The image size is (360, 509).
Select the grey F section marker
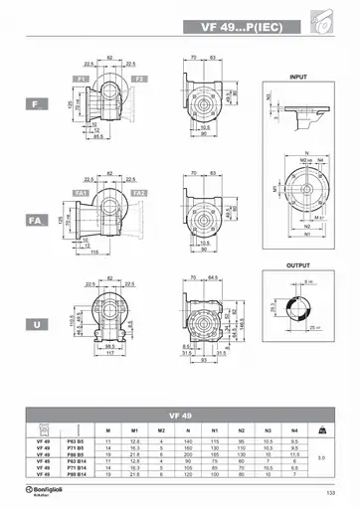(x=34, y=102)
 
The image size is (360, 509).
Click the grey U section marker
(x=34, y=323)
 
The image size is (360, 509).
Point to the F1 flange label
(x=81, y=77)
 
